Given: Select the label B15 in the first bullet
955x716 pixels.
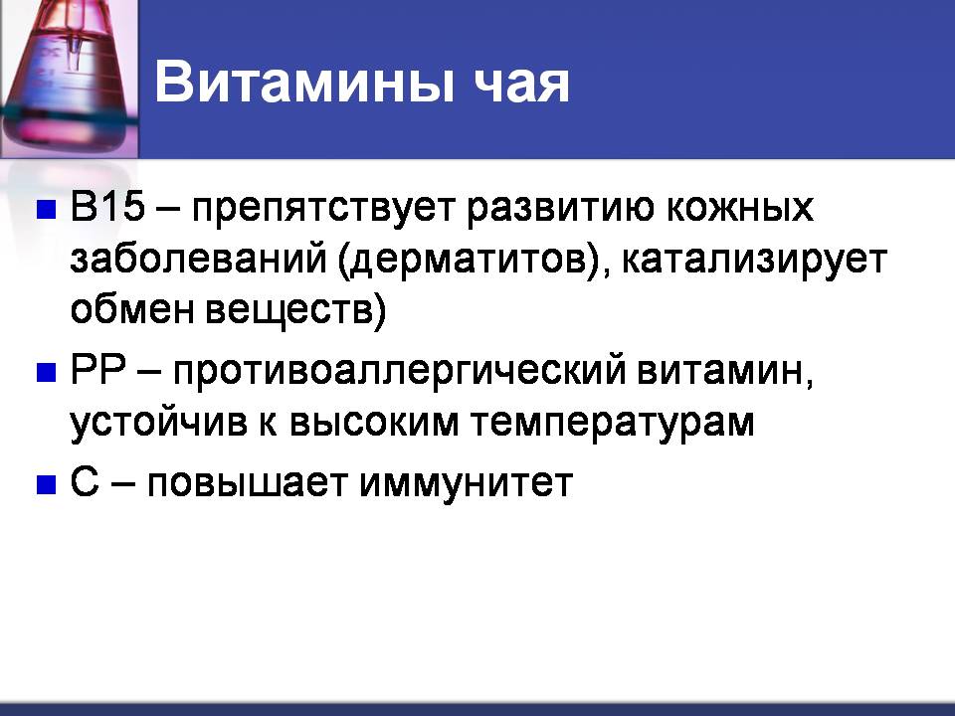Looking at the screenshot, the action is pos(107,206).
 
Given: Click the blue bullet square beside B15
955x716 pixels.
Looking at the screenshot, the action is pos(47,209).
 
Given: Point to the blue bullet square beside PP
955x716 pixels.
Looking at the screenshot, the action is pos(47,372).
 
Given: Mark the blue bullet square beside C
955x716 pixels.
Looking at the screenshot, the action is pos(47,484).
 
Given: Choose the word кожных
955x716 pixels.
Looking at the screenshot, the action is pos(739,207).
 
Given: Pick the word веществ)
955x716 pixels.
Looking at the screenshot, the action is pos(295,311).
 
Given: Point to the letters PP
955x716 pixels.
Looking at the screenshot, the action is pos(97,369).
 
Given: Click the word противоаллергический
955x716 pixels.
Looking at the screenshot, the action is pos(400,372).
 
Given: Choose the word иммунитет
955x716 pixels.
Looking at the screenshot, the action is pos(466,484).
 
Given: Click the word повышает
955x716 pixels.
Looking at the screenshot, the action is pos(248,484).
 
